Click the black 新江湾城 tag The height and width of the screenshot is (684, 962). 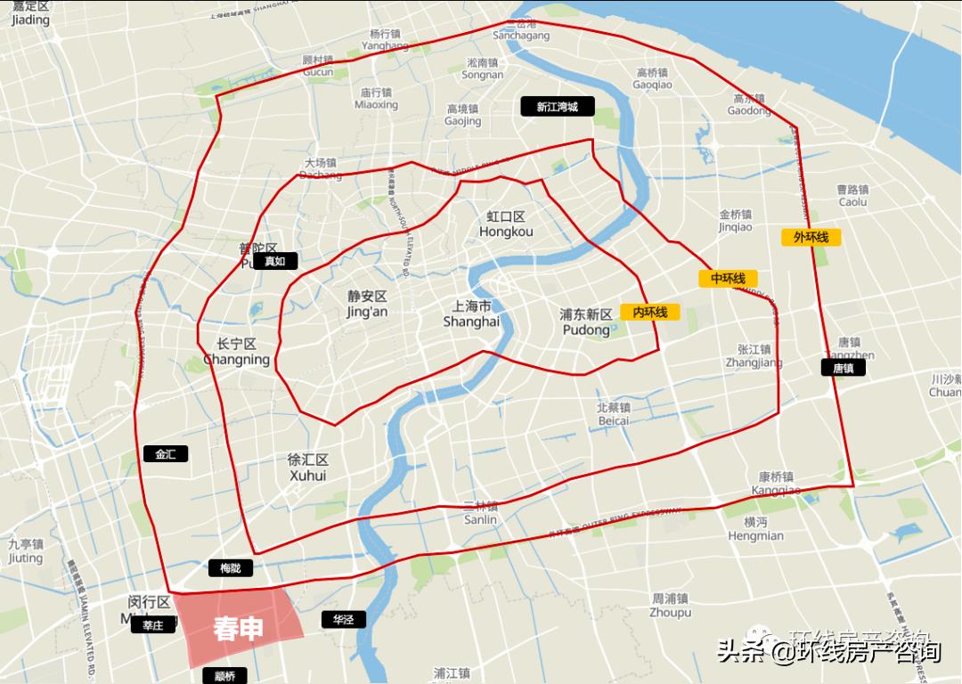point(557,107)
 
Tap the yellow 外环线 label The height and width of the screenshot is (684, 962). point(811,237)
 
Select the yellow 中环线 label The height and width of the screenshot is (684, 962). point(728,279)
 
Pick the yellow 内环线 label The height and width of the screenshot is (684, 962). point(650,313)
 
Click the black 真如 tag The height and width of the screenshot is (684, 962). point(274,261)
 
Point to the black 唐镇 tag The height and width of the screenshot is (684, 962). point(843,367)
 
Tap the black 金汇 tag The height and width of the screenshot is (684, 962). point(166,454)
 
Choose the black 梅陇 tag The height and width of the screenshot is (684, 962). point(230,567)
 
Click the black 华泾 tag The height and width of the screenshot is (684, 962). point(344,619)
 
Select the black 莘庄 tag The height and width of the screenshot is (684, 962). point(153,625)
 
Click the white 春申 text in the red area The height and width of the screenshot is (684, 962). point(239,629)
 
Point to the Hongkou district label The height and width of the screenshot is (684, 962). point(506,224)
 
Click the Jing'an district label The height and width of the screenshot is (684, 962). point(367,304)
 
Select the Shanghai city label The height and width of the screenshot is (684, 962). point(471,313)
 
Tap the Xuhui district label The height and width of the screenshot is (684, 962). point(308,468)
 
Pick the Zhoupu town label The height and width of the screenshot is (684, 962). point(670,606)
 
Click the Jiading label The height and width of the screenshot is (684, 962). point(30,12)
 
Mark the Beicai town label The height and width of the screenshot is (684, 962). point(614,414)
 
